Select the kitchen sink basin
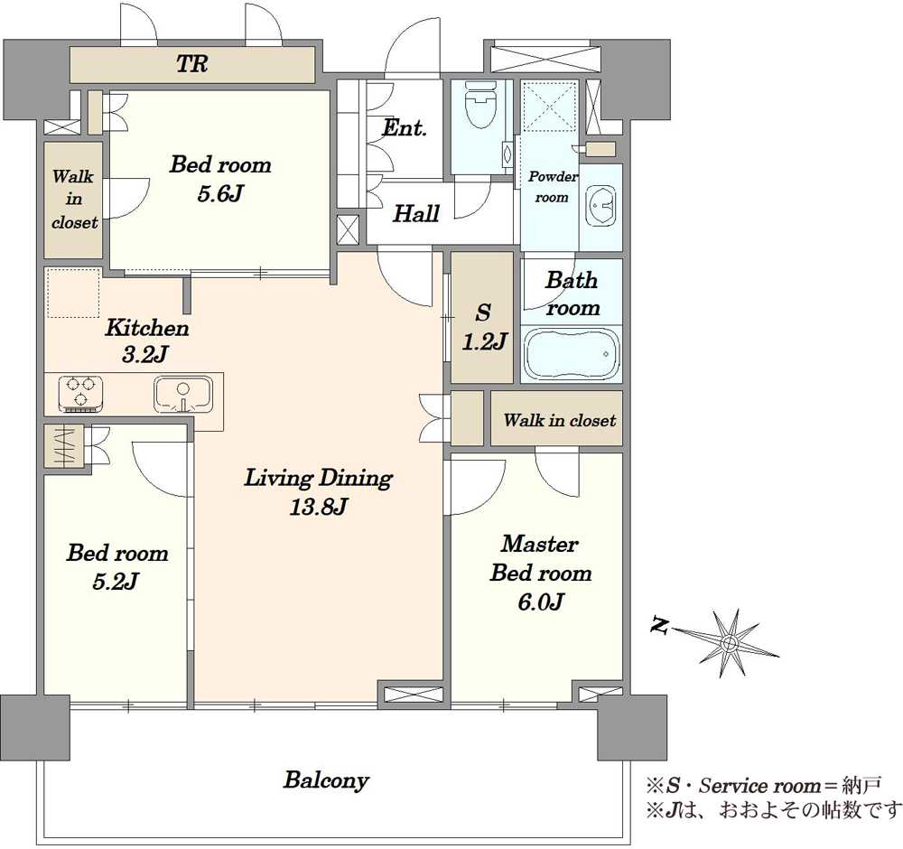tap(183, 395)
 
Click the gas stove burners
tap(80, 394)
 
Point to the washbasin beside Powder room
tap(600, 206)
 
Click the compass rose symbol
tap(729, 641)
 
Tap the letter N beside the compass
tap(659, 625)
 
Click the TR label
tap(191, 64)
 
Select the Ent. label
tap(405, 128)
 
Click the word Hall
tap(415, 214)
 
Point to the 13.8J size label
tap(319, 508)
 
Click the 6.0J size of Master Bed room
tap(540, 602)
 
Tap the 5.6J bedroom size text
tap(220, 193)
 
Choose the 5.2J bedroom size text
tap(116, 582)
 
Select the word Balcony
tap(326, 781)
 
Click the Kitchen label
tap(147, 329)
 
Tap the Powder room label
tap(553, 187)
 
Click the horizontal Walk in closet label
tap(559, 420)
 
